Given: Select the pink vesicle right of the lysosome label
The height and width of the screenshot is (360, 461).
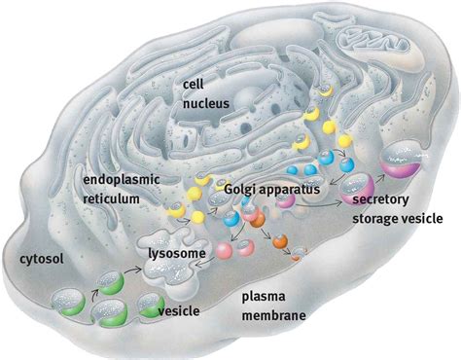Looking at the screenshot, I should [227, 252].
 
